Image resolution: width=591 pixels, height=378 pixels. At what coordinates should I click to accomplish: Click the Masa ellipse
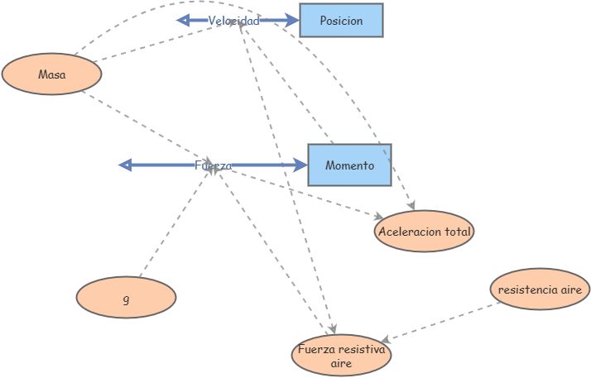pos(52,74)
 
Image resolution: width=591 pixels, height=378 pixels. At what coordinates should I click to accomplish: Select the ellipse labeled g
pos(126,297)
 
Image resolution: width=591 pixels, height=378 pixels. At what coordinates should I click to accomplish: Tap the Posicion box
pos(341,21)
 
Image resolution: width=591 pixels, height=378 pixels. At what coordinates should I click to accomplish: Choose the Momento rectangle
pos(349,165)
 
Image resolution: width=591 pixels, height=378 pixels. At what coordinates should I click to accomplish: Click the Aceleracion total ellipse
pos(424,232)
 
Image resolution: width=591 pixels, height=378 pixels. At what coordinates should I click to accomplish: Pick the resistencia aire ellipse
pos(540,289)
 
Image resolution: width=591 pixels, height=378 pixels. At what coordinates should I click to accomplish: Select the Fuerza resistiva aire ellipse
pos(341,356)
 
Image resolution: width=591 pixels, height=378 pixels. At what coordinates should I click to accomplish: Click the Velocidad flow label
pos(233,21)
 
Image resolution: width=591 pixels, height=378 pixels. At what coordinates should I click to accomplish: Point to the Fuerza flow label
pos(213,165)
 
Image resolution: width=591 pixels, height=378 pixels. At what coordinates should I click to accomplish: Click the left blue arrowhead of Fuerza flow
pos(126,165)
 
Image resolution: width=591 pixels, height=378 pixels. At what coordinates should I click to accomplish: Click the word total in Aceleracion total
pos(455,232)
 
